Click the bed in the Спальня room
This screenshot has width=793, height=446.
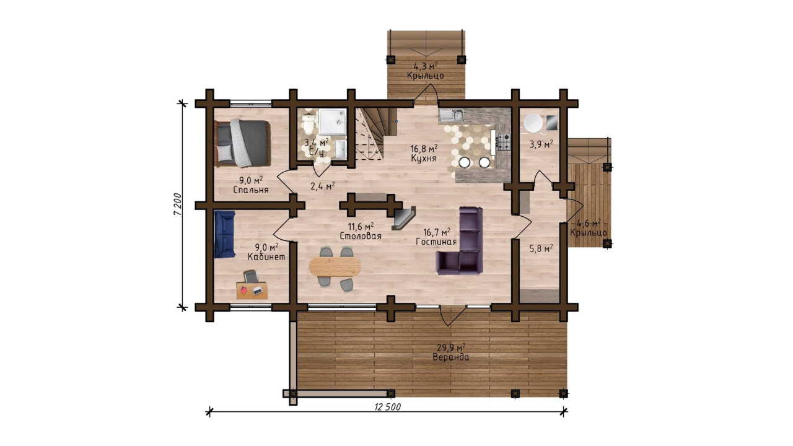pyautogui.click(x=242, y=143)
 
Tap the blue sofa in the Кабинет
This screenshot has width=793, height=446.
pyautogui.click(x=224, y=234)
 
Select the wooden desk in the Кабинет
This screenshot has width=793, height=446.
pyautogui.click(x=252, y=291)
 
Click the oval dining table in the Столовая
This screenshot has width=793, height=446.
pyautogui.click(x=335, y=266)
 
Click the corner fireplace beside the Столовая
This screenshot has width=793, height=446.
pyautogui.click(x=403, y=218)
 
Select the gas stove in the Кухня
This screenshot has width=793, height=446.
pyautogui.click(x=503, y=142)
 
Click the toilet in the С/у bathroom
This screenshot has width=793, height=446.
pyautogui.click(x=308, y=122)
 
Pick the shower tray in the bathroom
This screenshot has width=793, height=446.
pyautogui.click(x=333, y=121)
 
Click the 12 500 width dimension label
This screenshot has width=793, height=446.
pyautogui.click(x=388, y=407)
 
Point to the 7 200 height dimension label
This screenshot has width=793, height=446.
pyautogui.click(x=178, y=204)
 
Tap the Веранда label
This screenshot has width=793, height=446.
pyautogui.click(x=450, y=357)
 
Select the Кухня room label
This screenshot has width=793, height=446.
pyautogui.click(x=424, y=158)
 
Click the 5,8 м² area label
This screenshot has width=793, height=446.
pyautogui.click(x=541, y=248)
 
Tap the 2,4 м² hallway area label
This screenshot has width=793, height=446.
pyautogui.click(x=323, y=186)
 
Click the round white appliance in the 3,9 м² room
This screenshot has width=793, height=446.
pyautogui.click(x=533, y=123)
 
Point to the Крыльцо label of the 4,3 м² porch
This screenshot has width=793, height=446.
pyautogui.click(x=425, y=76)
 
